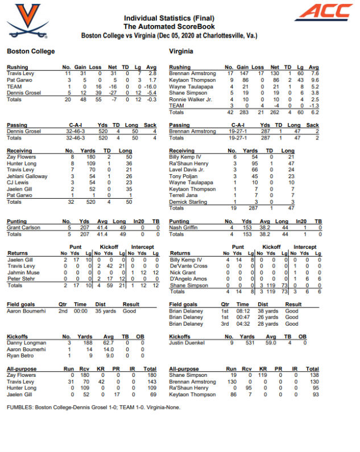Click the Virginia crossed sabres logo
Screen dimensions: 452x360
pos(23,17)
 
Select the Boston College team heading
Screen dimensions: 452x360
pos(31,51)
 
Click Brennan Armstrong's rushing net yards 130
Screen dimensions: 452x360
pos(275,74)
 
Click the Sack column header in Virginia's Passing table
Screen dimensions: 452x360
pos(312,125)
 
